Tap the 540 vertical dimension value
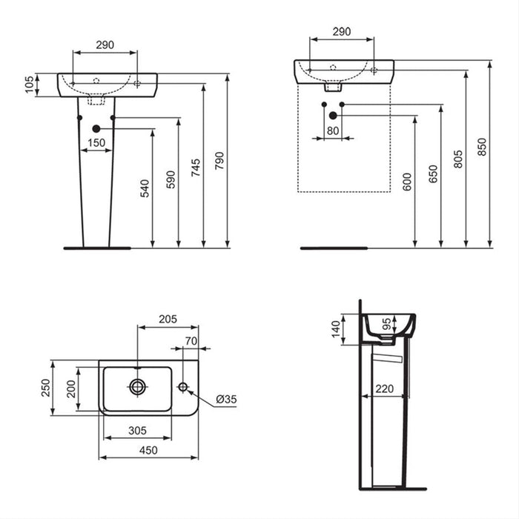[x=145, y=188]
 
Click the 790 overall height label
[x=219, y=159]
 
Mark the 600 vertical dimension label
[x=407, y=182]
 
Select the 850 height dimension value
[x=483, y=148]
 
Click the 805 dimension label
[x=458, y=158]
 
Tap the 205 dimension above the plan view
[x=167, y=319]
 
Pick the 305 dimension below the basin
[x=137, y=429]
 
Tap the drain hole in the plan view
[x=137, y=386]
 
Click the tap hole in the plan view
[x=182, y=386]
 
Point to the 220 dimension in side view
[x=384, y=388]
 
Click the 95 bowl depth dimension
[x=386, y=324]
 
